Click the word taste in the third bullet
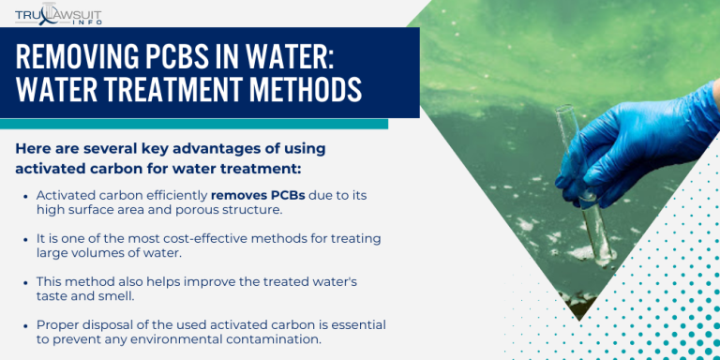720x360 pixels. pyautogui.click(x=52, y=296)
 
